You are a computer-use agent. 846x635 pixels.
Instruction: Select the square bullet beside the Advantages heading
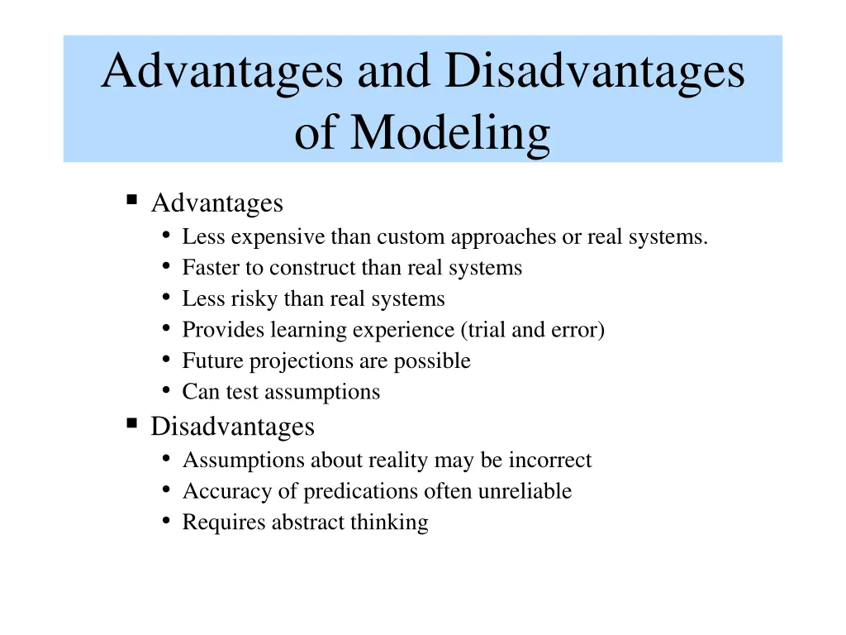tap(131, 200)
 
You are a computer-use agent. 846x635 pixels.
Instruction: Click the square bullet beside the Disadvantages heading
tap(131, 424)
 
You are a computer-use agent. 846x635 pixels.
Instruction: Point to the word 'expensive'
tap(278, 237)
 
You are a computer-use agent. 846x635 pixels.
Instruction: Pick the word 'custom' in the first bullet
tap(408, 237)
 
